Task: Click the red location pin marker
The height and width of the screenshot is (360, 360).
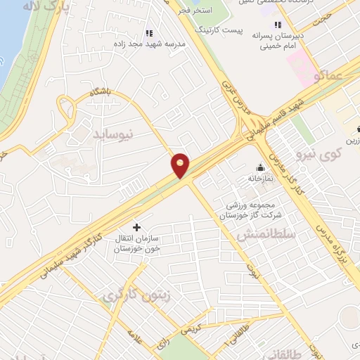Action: tap(181, 165)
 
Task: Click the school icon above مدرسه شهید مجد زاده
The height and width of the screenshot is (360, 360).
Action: tap(149, 32)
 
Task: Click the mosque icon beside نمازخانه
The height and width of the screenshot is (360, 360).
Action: tap(261, 167)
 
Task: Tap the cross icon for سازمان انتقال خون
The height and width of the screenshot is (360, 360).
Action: tap(136, 227)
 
